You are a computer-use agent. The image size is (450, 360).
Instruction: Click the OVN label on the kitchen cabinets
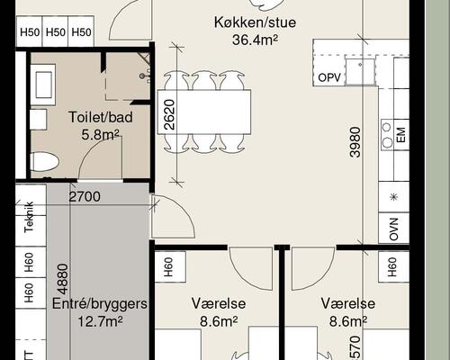point(393,229)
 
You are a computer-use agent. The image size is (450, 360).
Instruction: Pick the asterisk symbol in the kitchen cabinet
point(393,197)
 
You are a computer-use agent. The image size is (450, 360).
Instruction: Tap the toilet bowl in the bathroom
point(43,162)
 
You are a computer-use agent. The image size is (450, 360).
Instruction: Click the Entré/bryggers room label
point(99,304)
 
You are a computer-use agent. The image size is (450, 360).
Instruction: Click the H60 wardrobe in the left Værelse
point(168,266)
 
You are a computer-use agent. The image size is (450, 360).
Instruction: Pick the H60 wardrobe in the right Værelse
point(390,266)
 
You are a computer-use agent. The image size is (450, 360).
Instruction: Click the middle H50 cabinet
point(56,33)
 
